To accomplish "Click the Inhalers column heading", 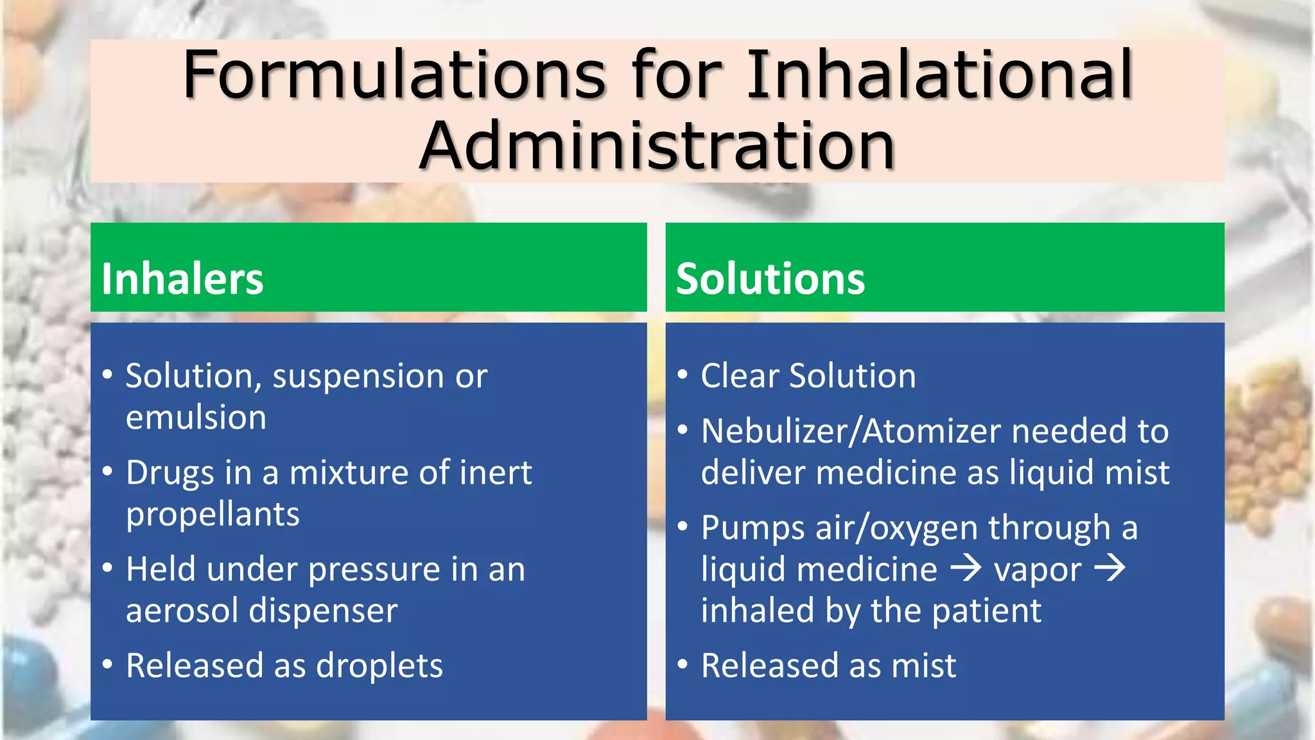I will click(x=182, y=279).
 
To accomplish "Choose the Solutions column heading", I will click(x=771, y=279).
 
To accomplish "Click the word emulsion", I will click(x=196, y=418).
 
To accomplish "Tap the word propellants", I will click(x=213, y=515).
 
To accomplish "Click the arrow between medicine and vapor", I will click(x=966, y=568).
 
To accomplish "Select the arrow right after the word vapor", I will click(x=1110, y=568).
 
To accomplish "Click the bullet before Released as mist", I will click(x=683, y=664).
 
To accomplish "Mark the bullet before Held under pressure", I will click(x=108, y=568).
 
